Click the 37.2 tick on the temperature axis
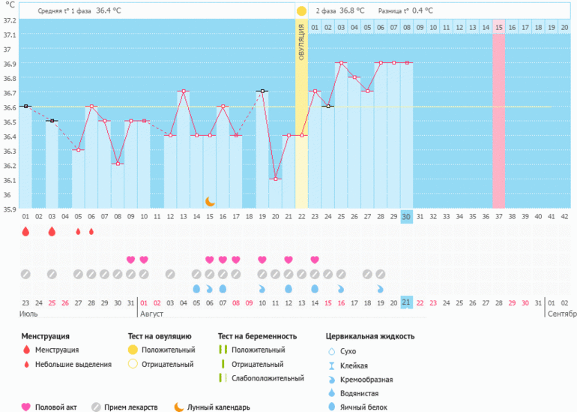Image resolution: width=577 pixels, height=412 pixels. click(8, 20)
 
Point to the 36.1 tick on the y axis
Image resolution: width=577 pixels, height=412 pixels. click(8, 180)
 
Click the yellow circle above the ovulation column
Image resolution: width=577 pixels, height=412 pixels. click(301, 11)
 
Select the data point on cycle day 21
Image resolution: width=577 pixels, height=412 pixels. click(288, 136)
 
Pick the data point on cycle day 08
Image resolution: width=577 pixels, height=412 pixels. click(117, 164)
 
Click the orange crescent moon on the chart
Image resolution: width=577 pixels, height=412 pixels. click(210, 201)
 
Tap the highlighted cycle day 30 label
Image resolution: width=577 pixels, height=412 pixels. click(407, 217)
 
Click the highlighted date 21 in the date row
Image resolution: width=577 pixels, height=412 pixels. click(407, 302)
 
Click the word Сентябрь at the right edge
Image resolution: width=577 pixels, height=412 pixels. click(561, 313)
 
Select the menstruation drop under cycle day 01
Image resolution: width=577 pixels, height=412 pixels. click(25, 232)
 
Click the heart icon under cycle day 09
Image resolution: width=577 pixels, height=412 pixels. click(131, 260)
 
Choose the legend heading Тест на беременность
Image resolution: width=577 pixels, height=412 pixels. click(257, 336)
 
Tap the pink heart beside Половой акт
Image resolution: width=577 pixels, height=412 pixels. click(26, 407)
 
